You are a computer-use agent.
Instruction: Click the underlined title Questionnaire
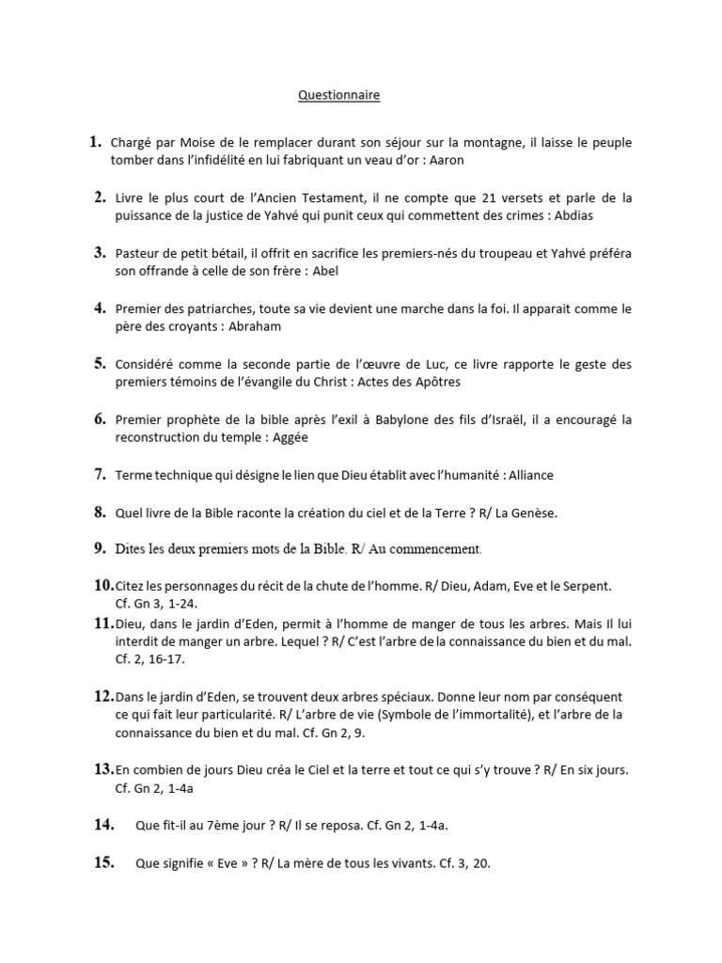(339, 95)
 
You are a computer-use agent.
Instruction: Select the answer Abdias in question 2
(572, 215)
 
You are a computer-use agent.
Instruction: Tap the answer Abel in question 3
(324, 271)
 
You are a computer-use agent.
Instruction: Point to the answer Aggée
(290, 437)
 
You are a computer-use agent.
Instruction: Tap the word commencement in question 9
(432, 548)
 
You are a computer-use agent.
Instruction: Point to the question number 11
(102, 623)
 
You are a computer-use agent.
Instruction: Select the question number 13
(102, 769)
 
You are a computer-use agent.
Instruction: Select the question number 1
(95, 143)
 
